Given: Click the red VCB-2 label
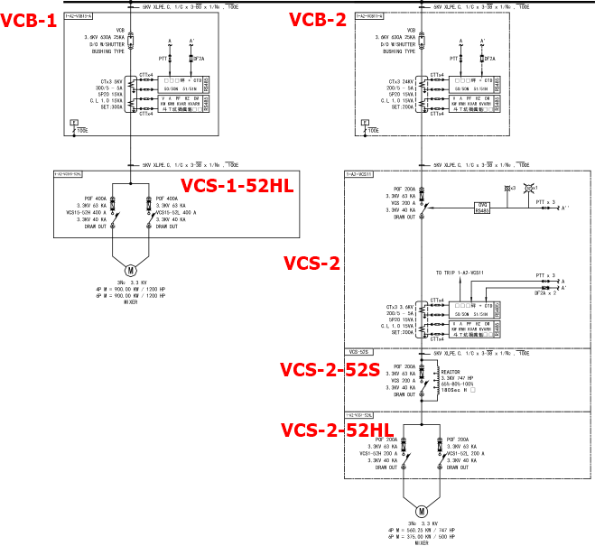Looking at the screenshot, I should point(317,20).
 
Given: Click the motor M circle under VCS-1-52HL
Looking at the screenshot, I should point(130,269).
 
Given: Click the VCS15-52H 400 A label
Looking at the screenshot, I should point(88,212).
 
